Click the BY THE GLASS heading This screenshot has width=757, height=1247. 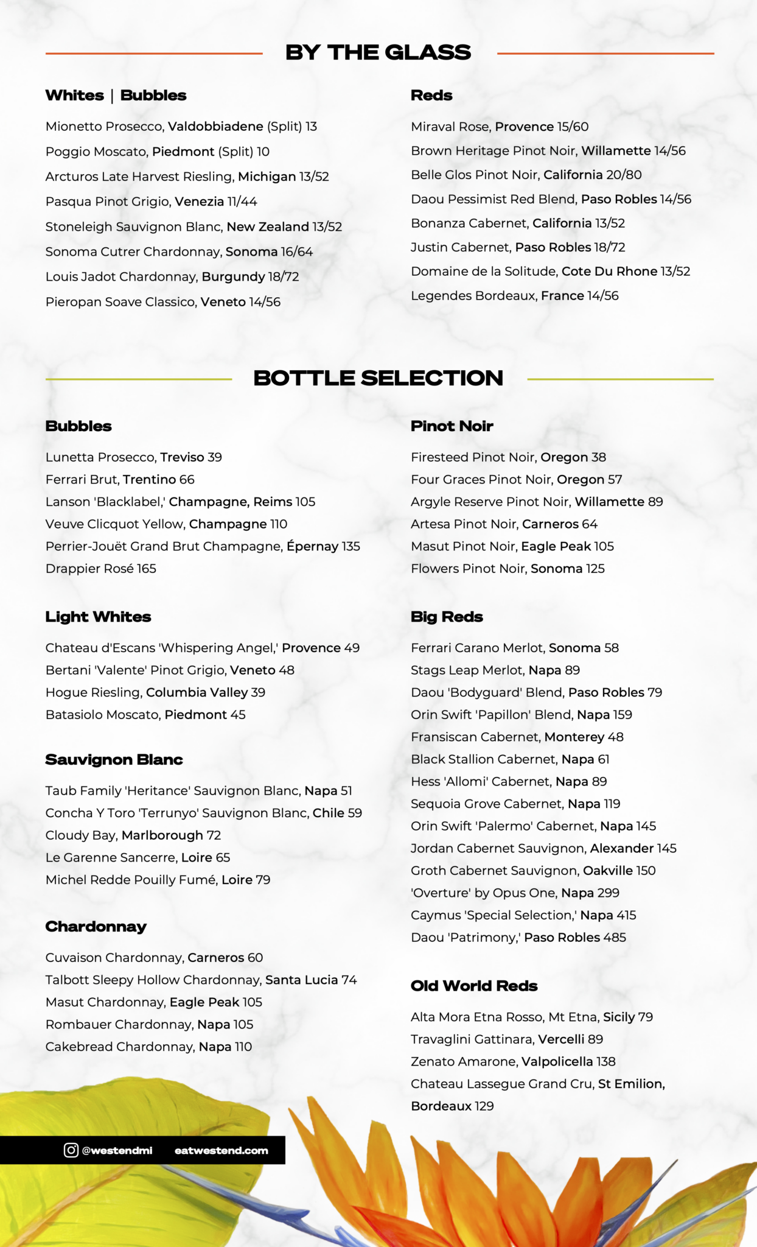(x=378, y=53)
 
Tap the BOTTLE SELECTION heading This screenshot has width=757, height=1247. (x=378, y=378)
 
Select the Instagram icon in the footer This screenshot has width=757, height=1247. (x=71, y=1150)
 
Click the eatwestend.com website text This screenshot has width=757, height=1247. (x=221, y=1150)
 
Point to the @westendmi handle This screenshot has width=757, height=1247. (x=117, y=1150)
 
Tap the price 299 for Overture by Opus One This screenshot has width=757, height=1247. (x=608, y=893)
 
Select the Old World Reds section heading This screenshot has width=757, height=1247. (x=474, y=986)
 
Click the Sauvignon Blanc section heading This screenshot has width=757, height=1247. (x=114, y=759)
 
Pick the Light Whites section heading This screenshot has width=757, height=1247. (x=98, y=617)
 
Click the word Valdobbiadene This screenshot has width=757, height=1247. (x=215, y=127)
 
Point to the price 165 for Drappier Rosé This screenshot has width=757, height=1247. (x=147, y=568)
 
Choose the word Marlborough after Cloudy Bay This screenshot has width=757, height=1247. (x=162, y=835)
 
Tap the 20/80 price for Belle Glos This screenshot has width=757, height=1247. (x=624, y=175)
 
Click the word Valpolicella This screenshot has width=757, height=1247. (x=557, y=1061)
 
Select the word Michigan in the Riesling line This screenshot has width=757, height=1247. (x=267, y=177)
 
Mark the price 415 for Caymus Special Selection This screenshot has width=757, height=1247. (x=626, y=915)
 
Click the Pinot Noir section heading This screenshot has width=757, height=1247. (x=452, y=426)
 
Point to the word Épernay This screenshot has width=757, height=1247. (x=312, y=546)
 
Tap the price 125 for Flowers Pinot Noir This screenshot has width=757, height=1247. (x=595, y=568)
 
